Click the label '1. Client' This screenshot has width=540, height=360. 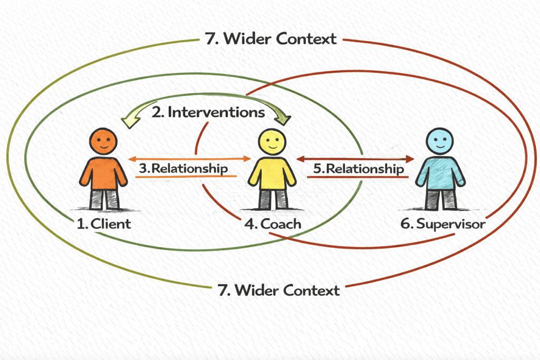(103, 223)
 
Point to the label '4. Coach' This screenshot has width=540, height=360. (273, 223)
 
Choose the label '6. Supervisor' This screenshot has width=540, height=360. (443, 223)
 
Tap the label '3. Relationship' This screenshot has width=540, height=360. (184, 169)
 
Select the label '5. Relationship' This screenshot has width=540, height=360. (359, 169)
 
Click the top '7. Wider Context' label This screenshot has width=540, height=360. (269, 39)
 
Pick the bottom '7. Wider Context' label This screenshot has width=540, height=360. (279, 289)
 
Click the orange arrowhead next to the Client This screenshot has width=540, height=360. (133, 158)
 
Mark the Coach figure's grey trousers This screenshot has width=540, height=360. (273, 199)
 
